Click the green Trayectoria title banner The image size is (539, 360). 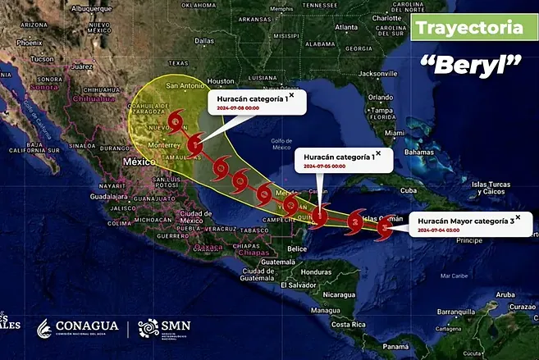469,27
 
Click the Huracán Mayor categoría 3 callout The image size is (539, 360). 465,225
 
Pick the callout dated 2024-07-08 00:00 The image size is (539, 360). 254,103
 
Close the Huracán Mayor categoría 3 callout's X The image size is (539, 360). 518,217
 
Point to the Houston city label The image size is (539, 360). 221,81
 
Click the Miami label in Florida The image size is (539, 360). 395,132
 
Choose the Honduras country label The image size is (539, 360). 315,271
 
